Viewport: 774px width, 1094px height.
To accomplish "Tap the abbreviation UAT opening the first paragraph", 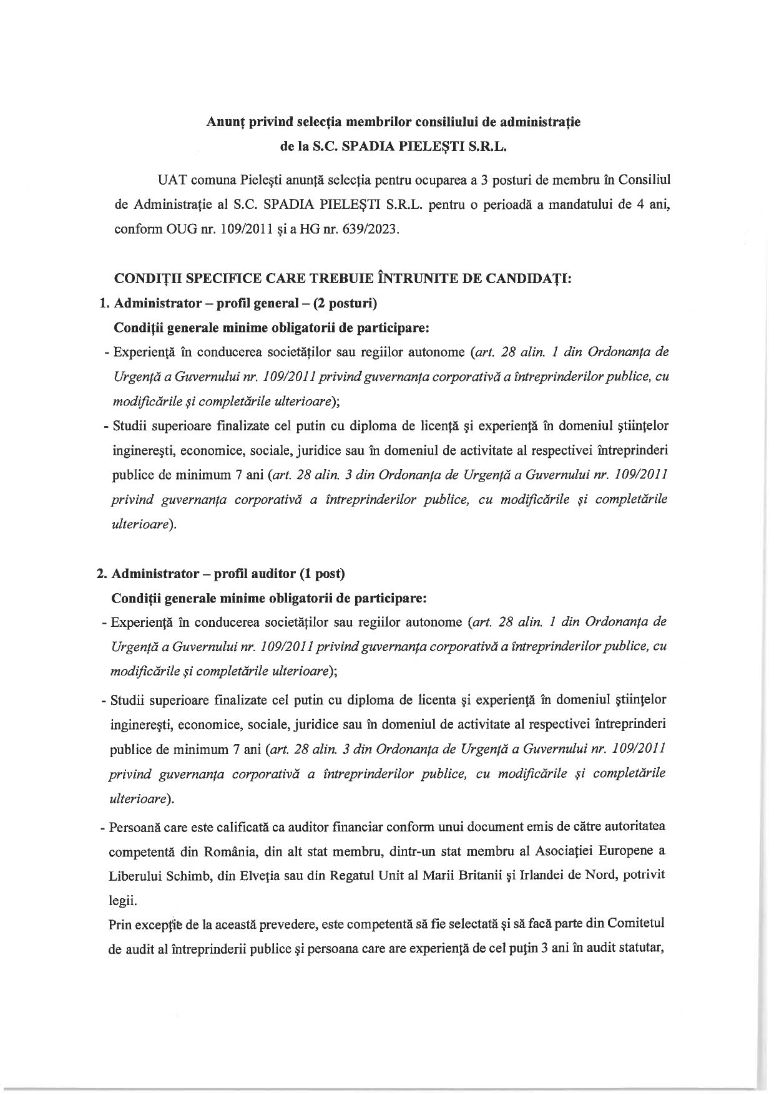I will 172,180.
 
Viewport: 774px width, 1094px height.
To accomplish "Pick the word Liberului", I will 133,876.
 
